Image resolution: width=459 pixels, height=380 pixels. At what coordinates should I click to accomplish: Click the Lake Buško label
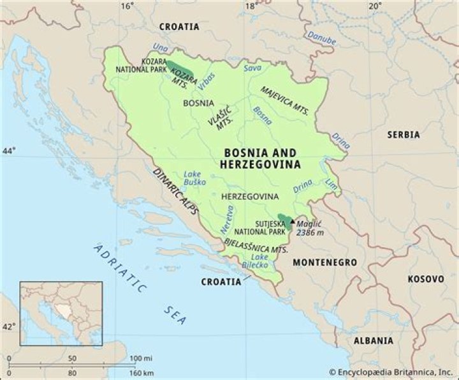click(192, 178)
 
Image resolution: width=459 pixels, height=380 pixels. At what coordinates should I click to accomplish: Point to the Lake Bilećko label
click(256, 259)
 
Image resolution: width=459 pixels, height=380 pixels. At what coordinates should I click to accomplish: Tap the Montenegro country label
click(324, 262)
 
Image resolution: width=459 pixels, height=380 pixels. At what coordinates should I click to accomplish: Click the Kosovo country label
click(425, 280)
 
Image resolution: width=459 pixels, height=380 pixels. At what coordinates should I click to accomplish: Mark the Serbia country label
click(403, 135)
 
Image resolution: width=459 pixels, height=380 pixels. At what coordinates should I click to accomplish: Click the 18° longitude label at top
click(252, 6)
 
